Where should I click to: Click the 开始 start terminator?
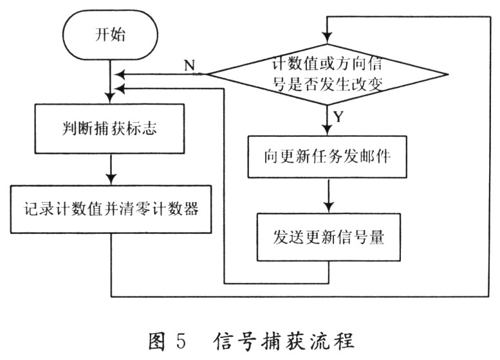point(110,35)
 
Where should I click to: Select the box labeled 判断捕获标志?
point(111,129)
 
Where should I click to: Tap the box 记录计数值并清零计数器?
point(111,209)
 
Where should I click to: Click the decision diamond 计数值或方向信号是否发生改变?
point(328,74)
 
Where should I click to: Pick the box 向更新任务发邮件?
point(328,157)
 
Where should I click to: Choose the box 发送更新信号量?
point(328,237)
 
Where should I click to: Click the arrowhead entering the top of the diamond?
point(328,40)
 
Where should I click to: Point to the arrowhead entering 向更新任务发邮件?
point(328,131)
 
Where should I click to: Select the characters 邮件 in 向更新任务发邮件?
point(375,157)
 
